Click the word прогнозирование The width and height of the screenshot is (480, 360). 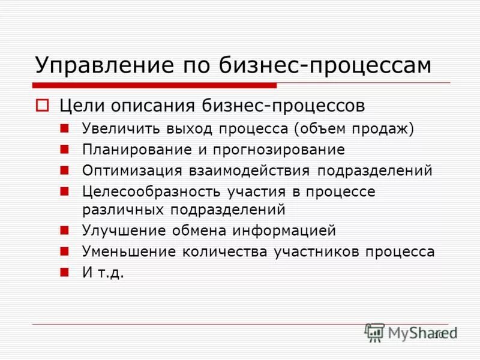pyautogui.click(x=282, y=149)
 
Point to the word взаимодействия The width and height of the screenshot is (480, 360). pyautogui.click(x=250, y=170)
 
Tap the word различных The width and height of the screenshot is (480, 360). pyautogui.click(x=124, y=209)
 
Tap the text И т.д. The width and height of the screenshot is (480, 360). pyautogui.click(x=103, y=272)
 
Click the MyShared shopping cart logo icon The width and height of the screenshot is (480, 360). pyautogui.click(x=374, y=332)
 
